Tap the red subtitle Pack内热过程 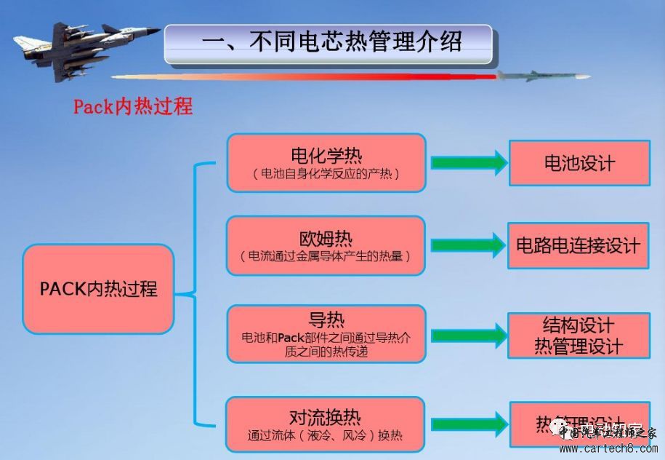tap(133, 106)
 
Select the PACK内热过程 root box tap(99, 289)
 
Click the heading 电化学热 tap(326, 155)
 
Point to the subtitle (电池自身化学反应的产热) tap(326, 175)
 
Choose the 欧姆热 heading tap(326, 238)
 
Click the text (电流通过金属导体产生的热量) tap(326, 256)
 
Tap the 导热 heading tap(326, 320)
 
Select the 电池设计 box tap(579, 162)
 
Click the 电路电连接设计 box tap(579, 245)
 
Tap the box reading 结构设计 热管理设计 tap(579, 336)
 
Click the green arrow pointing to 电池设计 tap(468, 162)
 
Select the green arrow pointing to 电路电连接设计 tap(468, 245)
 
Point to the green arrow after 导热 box tap(468, 336)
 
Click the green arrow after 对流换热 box tap(468, 424)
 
